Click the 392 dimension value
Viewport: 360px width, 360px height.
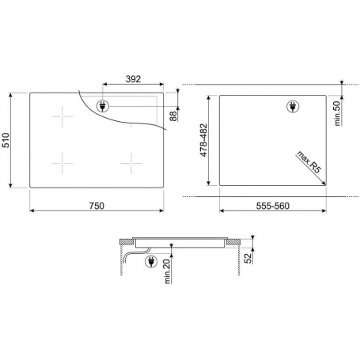133,79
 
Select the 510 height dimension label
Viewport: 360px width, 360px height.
6,140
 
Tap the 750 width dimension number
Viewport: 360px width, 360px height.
97,206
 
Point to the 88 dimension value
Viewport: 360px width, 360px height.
173,116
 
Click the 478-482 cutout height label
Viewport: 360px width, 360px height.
204,140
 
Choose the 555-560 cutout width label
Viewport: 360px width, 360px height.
273,206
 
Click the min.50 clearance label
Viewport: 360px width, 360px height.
337,114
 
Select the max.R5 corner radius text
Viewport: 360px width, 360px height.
309,162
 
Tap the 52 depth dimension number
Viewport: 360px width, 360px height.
248,258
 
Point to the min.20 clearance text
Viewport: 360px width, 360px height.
168,271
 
